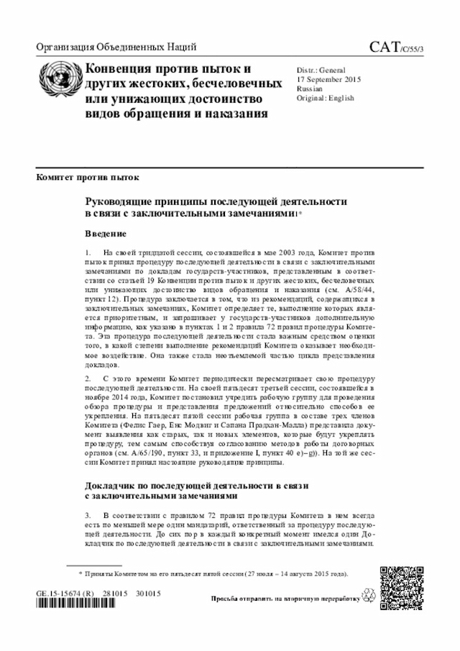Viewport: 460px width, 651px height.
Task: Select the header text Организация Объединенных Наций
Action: pos(116,48)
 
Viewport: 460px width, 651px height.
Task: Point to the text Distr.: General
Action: pos(321,70)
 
